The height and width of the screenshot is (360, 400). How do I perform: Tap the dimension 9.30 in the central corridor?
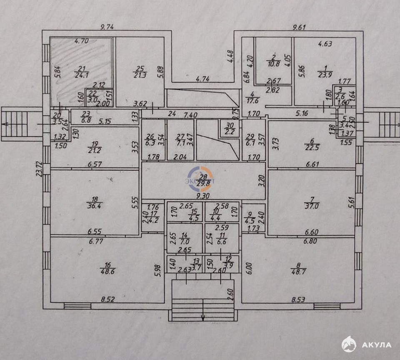pyautogui.click(x=203, y=195)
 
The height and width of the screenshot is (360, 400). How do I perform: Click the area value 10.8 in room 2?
pyautogui.click(x=274, y=64)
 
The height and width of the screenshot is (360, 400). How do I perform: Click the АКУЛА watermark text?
pyautogui.click(x=377, y=345)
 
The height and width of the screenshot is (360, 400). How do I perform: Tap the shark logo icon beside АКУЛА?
pyautogui.click(x=349, y=344)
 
